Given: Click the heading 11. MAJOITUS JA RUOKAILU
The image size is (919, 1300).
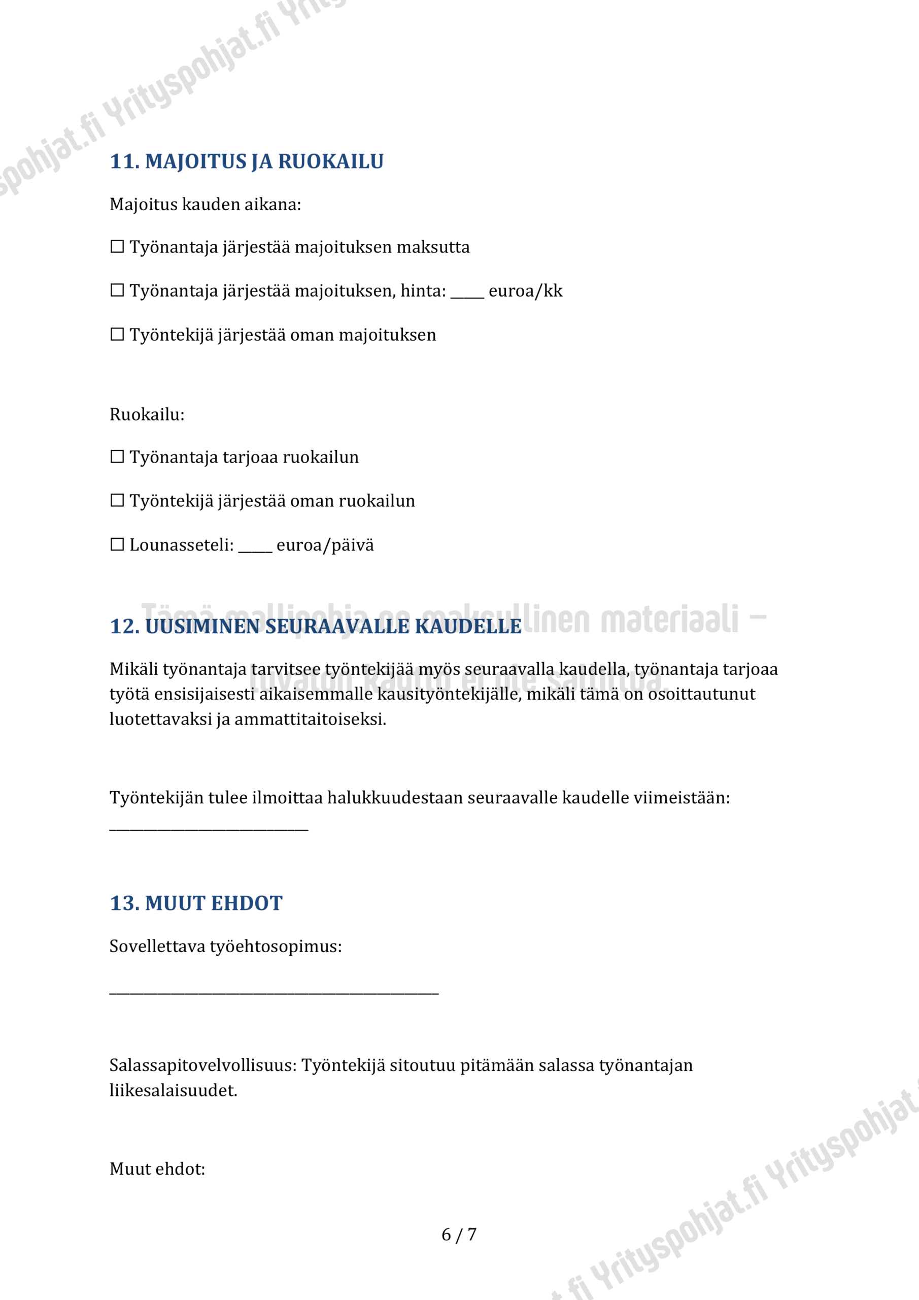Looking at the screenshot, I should (x=247, y=161).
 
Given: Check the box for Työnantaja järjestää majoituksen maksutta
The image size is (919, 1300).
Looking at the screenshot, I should (x=117, y=247).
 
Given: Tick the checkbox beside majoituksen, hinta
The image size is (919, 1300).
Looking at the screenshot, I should (x=117, y=290).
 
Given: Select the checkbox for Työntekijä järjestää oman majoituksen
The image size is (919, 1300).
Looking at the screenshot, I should (x=117, y=335).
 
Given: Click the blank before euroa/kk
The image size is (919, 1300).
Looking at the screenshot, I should (x=467, y=294).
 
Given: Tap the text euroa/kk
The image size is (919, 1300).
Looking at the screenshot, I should (x=525, y=291).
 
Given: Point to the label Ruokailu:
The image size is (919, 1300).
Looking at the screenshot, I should (x=147, y=414).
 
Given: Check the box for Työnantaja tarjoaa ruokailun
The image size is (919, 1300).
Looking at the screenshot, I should (x=117, y=457).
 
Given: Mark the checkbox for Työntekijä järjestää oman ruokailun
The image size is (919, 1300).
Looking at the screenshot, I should (x=117, y=501).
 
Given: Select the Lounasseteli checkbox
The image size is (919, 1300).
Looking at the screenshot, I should (x=117, y=545).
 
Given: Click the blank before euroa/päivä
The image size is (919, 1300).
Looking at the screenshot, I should (x=255, y=547).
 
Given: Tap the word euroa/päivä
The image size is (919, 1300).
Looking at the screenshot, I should (x=325, y=545).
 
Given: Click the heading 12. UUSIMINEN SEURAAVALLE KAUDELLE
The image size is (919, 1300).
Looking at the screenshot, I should (x=315, y=626).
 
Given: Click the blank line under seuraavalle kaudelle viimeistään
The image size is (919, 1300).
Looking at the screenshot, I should (x=209, y=829).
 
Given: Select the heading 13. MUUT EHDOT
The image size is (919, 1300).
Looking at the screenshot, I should (x=196, y=903).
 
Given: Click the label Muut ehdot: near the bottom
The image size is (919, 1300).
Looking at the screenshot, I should (x=157, y=1168).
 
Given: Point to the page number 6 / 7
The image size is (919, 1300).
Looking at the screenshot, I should (x=459, y=1234).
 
